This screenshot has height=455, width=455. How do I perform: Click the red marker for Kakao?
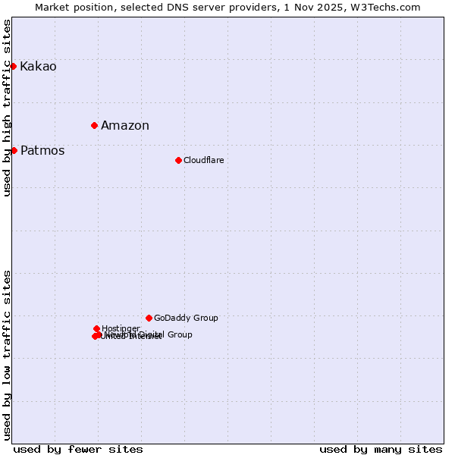click(13, 67)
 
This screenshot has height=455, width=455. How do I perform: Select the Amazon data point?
click(94, 125)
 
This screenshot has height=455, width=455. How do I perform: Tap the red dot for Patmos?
click(14, 150)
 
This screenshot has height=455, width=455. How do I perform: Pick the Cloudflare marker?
click(178, 160)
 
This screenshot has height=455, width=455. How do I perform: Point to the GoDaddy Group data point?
click(149, 318)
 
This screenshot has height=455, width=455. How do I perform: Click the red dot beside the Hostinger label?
click(96, 328)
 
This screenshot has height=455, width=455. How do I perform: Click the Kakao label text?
click(38, 67)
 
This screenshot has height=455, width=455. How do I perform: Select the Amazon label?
click(125, 126)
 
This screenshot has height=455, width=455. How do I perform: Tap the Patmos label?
click(42, 151)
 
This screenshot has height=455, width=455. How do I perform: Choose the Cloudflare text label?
click(203, 160)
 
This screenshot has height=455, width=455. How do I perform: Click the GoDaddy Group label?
click(186, 318)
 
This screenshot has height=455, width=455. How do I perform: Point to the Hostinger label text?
click(121, 328)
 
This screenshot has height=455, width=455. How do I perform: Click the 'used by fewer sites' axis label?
click(78, 450)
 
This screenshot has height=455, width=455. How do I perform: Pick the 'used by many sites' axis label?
click(381, 450)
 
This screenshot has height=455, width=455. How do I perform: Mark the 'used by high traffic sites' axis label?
click(8, 108)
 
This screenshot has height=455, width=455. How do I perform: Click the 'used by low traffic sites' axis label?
click(8, 355)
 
